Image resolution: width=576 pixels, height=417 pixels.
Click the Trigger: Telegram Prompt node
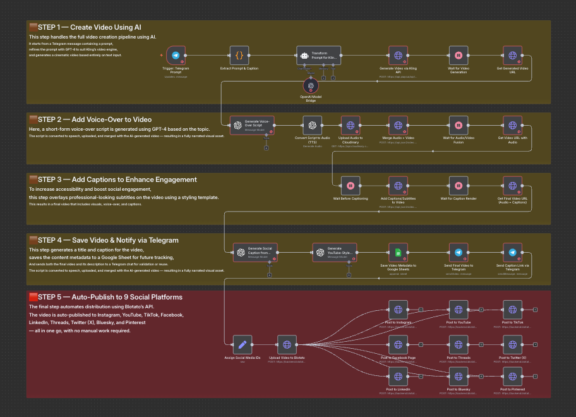pos(176,55)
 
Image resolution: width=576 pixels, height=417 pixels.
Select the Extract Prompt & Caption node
pos(239,55)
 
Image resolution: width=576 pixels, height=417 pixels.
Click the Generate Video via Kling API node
pos(398,55)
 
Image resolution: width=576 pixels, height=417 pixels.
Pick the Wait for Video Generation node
pos(458,55)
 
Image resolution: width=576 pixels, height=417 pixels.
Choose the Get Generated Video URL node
pos(512,55)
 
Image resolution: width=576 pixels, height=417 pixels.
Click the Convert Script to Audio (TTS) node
pos(312,125)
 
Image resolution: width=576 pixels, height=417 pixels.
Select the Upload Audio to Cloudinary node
pos(351,125)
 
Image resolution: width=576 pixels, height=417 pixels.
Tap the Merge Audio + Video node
pos(398,125)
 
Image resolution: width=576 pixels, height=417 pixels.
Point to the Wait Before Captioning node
pos(351,186)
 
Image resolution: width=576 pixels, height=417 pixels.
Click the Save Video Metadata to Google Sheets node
pos(398,253)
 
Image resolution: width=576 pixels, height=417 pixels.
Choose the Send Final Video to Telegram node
pos(458,253)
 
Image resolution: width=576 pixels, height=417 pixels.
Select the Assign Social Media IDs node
pos(243,345)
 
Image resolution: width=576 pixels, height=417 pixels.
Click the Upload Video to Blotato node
pos(287,345)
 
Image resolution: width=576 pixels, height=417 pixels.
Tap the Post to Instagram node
pos(398,310)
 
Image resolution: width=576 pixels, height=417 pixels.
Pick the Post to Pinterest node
pos(512,376)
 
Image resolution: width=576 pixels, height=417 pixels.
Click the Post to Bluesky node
pos(459,376)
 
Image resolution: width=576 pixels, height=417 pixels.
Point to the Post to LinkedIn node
pos(398,376)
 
